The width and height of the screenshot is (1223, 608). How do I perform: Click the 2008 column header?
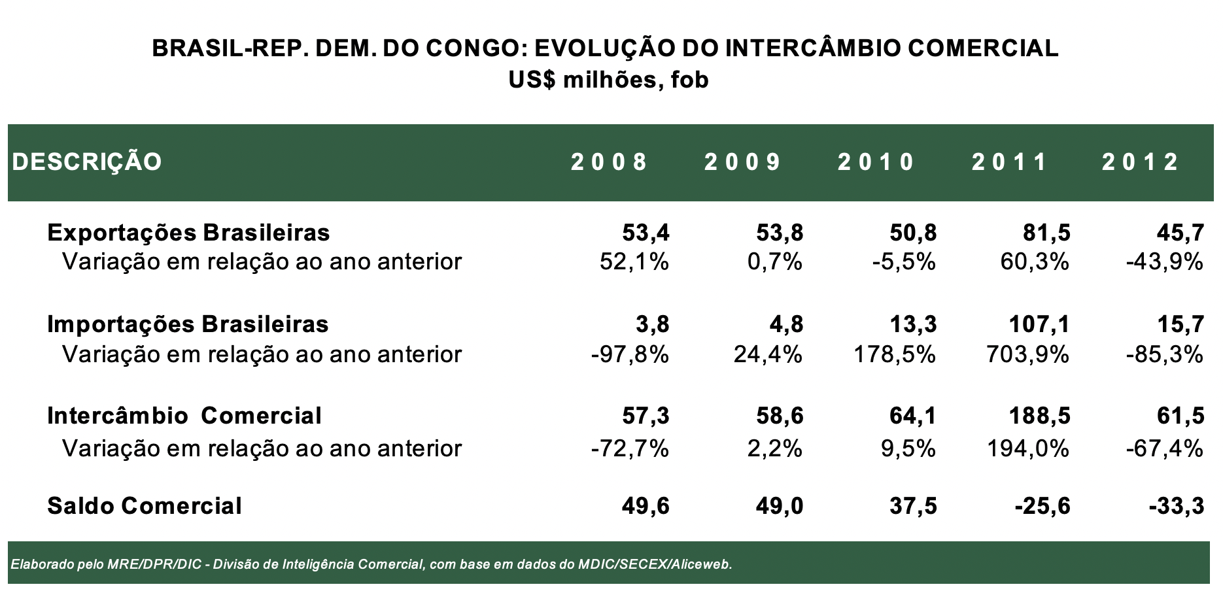[x=609, y=162]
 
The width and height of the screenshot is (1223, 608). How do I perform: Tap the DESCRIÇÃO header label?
[x=86, y=162]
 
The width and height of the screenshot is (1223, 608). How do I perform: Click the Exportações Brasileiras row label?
[x=188, y=233]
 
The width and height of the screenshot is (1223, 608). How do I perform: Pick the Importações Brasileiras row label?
[x=188, y=324]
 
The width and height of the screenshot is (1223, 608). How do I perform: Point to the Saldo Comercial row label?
[x=145, y=506]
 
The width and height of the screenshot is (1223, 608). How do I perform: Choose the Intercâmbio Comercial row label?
[x=184, y=416]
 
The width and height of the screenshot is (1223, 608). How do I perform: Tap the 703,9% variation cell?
[x=1027, y=354]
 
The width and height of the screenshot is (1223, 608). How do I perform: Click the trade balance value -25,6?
[x=1042, y=506]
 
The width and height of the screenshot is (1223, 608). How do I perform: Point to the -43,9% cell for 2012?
[x=1164, y=262]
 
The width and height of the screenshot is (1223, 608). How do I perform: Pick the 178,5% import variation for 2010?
[x=895, y=354]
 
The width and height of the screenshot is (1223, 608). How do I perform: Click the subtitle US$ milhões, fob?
[x=609, y=80]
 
